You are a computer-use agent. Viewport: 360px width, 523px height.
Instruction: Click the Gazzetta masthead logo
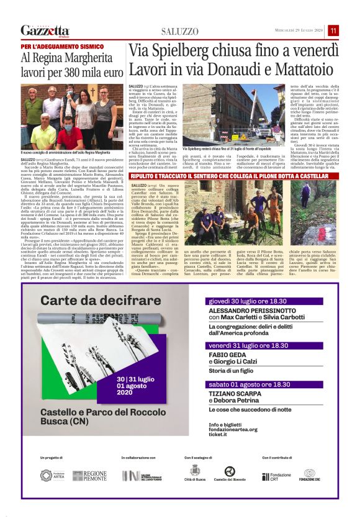[45, 30]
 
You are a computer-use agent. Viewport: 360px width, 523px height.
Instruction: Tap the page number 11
[333, 30]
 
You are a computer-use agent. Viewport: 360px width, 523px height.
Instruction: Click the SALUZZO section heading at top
[179, 31]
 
